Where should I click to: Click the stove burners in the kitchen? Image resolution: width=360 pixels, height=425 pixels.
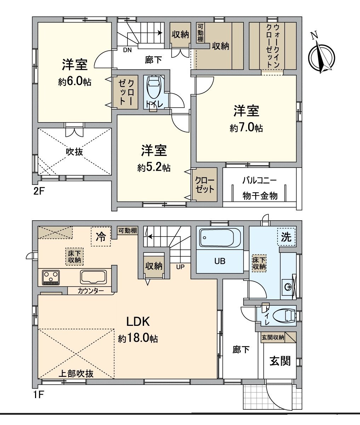(51, 277)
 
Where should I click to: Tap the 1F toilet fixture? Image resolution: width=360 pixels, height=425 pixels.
(285, 315)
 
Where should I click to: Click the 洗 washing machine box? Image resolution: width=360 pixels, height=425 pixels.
(286, 236)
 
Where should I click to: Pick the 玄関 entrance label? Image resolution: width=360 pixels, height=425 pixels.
(280, 361)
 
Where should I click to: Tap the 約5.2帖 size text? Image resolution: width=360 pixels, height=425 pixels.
(154, 167)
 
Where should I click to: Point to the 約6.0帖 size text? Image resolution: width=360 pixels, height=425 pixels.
(75, 81)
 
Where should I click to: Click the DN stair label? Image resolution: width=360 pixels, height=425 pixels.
(127, 50)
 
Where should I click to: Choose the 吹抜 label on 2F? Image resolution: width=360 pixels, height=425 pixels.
(75, 152)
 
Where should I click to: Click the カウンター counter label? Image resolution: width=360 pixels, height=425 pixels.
(91, 291)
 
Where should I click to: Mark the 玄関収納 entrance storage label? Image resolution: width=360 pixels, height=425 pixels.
(273, 337)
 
